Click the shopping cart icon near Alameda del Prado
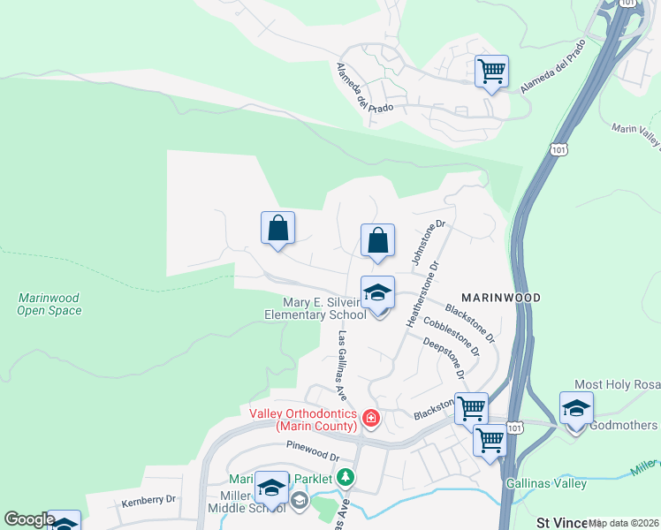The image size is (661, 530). [491, 71]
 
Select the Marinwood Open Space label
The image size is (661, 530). [49, 304]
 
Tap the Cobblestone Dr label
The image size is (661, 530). [451, 336]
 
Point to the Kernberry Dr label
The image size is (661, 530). [148, 500]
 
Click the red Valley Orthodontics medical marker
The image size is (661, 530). [371, 419]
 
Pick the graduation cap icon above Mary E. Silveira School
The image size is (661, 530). [377, 292]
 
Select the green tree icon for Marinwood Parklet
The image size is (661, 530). [346, 478]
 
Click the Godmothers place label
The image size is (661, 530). [624, 426]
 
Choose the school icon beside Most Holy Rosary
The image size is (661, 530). [576, 409]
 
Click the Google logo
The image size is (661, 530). [30, 519]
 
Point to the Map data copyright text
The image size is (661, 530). [624, 523]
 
